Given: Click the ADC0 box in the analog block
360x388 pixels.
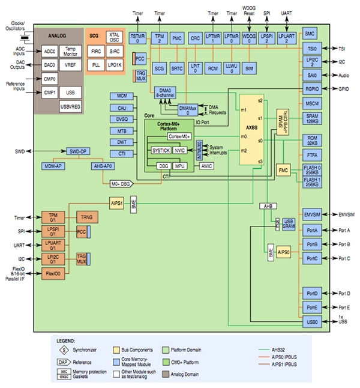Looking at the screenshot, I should tap(50, 52).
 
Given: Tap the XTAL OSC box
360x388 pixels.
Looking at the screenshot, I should tap(113, 37).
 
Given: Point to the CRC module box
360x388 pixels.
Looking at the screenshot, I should tap(195, 38).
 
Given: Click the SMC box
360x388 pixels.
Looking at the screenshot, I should tap(310, 34).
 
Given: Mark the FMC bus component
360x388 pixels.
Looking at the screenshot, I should tap(283, 171).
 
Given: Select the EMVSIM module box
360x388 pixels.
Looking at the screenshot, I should tap(311, 214).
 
